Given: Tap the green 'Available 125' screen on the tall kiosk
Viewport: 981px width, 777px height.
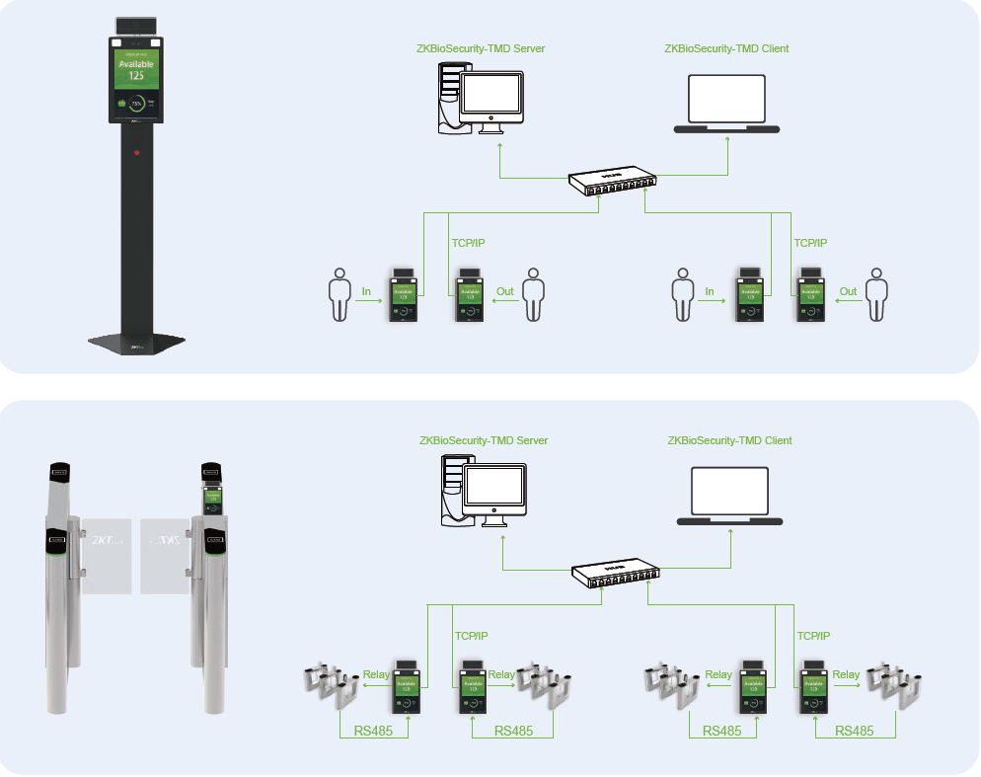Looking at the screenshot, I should click(x=137, y=71).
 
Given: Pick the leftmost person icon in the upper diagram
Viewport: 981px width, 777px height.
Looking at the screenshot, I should click(x=340, y=293).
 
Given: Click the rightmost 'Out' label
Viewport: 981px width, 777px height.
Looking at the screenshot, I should click(x=848, y=291).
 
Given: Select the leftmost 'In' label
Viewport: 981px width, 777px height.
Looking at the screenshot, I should click(x=366, y=291).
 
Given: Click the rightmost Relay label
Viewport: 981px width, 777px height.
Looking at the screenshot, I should click(x=846, y=675).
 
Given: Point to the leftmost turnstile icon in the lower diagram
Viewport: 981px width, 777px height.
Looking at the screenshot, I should click(x=331, y=684).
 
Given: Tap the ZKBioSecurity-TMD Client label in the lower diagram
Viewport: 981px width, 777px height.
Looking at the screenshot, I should click(x=729, y=440).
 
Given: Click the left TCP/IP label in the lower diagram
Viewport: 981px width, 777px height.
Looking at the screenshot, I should click(x=471, y=636).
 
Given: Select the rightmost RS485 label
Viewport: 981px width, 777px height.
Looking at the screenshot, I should click(x=855, y=732).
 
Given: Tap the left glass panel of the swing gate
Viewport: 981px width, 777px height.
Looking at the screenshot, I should click(x=105, y=554).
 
